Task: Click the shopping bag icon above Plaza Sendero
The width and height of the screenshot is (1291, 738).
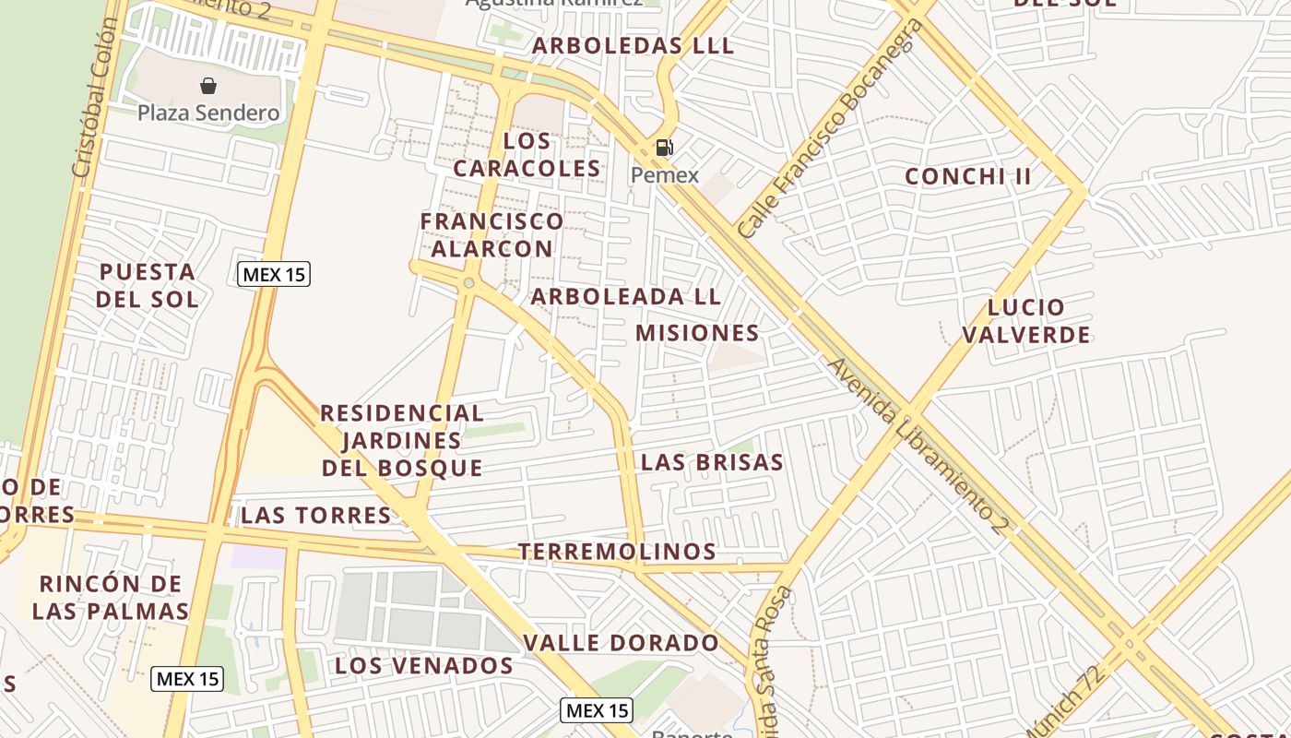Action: pyautogui.click(x=208, y=86)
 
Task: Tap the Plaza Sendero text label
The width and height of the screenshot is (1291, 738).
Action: pyautogui.click(x=208, y=113)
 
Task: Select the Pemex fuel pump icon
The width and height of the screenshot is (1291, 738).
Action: pyautogui.click(x=664, y=148)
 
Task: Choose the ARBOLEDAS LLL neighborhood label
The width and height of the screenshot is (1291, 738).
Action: pyautogui.click(x=634, y=45)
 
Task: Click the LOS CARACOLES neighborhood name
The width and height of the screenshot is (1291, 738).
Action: pyautogui.click(x=527, y=155)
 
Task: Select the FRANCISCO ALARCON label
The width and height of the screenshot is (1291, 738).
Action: pyautogui.click(x=492, y=234)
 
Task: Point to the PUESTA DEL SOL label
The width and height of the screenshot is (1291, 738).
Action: pyautogui.click(x=148, y=285)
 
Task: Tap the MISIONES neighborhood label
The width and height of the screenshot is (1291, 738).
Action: pyautogui.click(x=698, y=333)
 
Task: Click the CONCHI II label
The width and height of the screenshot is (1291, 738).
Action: pyautogui.click(x=968, y=176)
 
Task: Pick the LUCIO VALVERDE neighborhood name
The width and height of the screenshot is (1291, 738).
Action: pyautogui.click(x=1026, y=321)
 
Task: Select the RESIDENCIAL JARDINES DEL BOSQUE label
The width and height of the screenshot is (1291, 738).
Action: pyautogui.click(x=402, y=440)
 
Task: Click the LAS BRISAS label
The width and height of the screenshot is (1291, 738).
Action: pyautogui.click(x=712, y=462)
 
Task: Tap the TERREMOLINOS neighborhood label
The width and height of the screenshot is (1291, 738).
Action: pyautogui.click(x=617, y=552)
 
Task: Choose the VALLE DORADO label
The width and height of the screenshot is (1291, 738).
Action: pyautogui.click(x=621, y=643)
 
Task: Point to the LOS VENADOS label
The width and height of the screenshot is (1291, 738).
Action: pyautogui.click(x=424, y=665)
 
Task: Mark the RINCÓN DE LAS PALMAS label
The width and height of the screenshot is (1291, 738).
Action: pyautogui.click(x=111, y=597)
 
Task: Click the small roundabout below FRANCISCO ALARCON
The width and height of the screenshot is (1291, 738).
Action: pyautogui.click(x=469, y=282)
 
